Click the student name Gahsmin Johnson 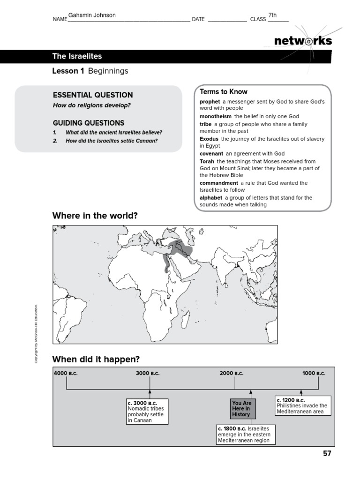[x=92, y=15]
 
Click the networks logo [x=303, y=41]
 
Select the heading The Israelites [x=77, y=56]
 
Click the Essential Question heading [x=93, y=95]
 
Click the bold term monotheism [x=216, y=116]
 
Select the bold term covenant [x=211, y=153]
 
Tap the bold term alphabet [x=210, y=198]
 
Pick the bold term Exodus [x=209, y=139]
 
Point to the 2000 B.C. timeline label [x=232, y=373]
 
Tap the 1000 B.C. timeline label [x=314, y=373]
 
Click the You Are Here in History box [x=242, y=408]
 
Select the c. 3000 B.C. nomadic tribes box [x=147, y=412]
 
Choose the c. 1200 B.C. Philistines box [x=302, y=405]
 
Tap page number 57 [x=326, y=453]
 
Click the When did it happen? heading [x=96, y=359]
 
